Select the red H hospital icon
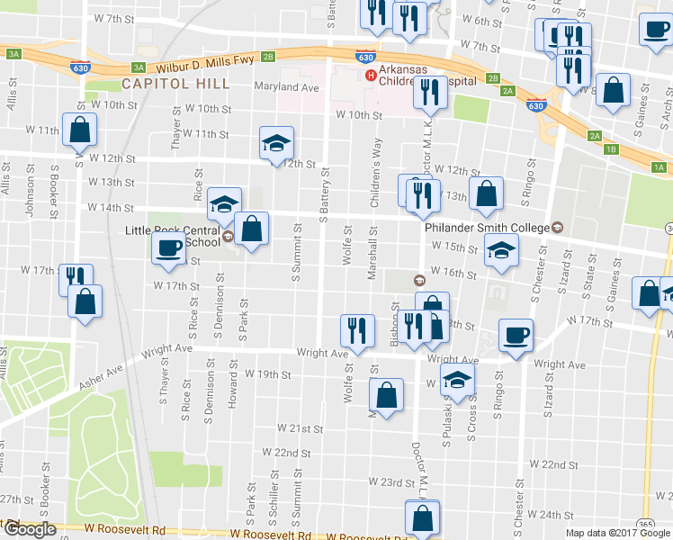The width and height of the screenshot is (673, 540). [369, 74]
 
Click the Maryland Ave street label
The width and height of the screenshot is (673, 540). [288, 88]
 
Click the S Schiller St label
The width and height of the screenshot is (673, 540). [273, 507]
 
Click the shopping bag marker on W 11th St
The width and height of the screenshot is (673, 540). [79, 130]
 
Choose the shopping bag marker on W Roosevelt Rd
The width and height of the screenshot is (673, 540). [422, 517]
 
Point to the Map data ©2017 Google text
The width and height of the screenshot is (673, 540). [618, 533]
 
